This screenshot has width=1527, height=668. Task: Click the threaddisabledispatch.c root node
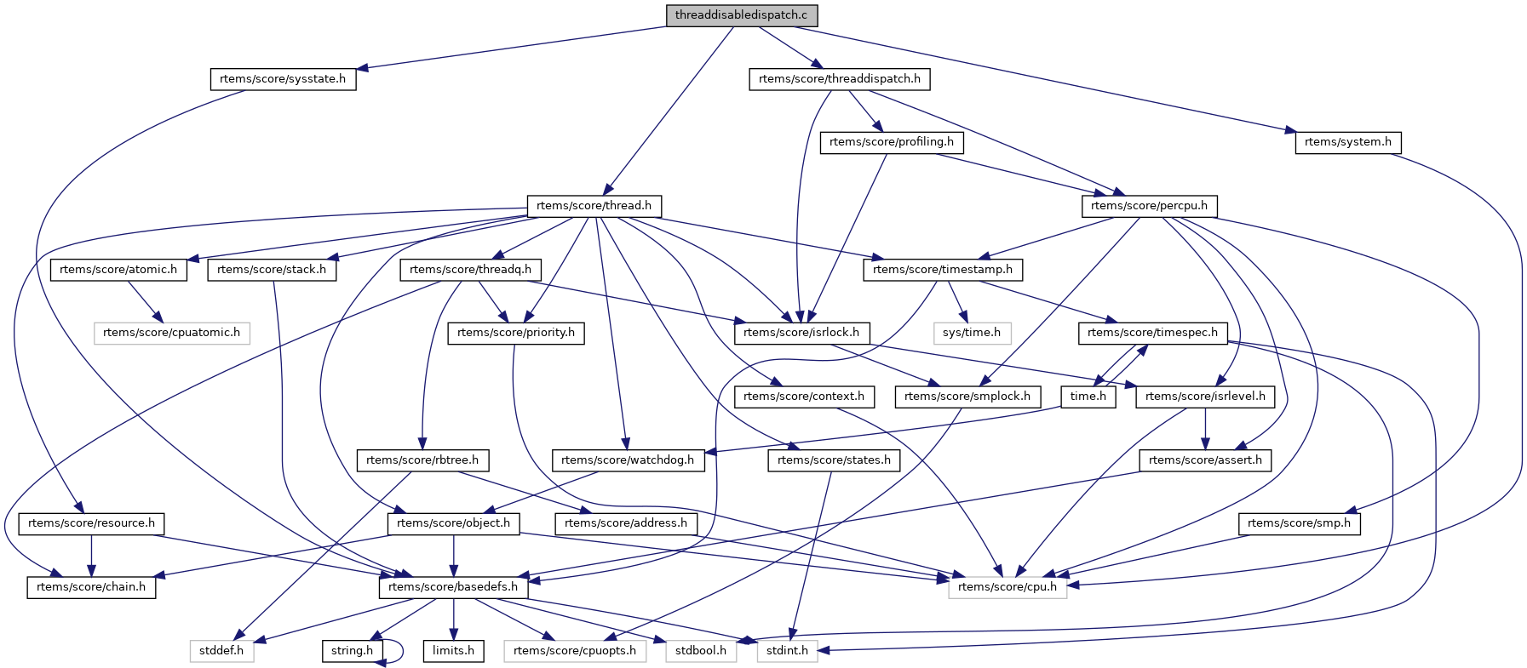[741, 15]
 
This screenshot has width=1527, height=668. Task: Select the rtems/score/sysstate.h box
[283, 79]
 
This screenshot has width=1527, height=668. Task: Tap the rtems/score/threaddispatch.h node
[839, 79]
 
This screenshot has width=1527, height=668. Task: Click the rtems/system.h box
[1347, 142]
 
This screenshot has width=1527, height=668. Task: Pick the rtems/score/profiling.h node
[891, 142]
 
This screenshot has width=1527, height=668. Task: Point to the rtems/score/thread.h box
[594, 206]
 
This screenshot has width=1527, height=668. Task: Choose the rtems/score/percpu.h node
[1149, 206]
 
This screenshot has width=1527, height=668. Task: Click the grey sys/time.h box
[972, 333]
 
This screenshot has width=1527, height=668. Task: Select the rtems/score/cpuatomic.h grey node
[171, 333]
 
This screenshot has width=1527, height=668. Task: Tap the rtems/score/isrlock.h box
[801, 333]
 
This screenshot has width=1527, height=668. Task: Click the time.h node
[1088, 397]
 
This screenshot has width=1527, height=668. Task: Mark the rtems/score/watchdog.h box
[628, 460]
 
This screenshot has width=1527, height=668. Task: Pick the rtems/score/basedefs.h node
[452, 587]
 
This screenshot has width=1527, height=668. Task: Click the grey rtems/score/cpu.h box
[1007, 587]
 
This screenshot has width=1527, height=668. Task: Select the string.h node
[352, 651]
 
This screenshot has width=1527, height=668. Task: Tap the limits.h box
[453, 651]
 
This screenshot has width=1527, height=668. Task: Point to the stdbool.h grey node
[700, 651]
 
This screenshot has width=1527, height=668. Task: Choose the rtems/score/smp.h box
[1298, 523]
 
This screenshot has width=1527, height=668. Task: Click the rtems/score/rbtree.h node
[422, 460]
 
